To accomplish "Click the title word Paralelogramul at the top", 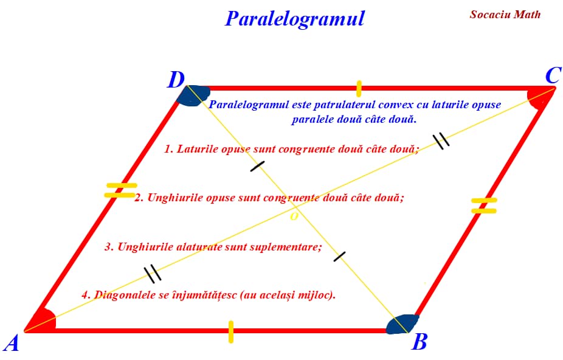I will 294,18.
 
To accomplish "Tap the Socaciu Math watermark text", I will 505,15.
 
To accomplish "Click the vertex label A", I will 11,344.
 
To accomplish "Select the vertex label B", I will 419,343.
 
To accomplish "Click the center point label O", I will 294,217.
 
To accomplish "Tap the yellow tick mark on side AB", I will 231,331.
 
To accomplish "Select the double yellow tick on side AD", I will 120,190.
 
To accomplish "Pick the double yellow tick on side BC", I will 484,206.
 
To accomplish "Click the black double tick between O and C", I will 441,140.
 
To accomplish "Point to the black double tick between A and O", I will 153,274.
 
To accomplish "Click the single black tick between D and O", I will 257,165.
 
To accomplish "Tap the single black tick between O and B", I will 339,256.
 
